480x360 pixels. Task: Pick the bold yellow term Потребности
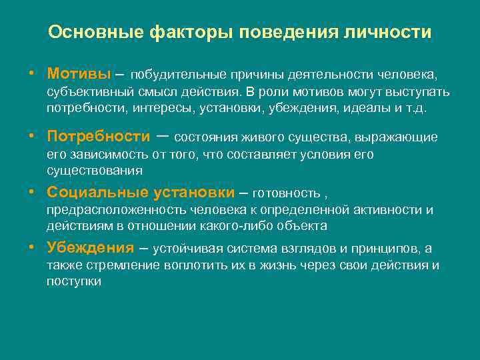point(98,137)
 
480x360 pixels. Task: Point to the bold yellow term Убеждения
point(90,248)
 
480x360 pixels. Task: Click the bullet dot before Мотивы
point(31,71)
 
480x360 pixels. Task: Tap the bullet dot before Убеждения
point(31,248)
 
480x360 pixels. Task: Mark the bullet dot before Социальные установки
point(31,193)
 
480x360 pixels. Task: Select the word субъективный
point(85,91)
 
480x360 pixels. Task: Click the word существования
point(95,170)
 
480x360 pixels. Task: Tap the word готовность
point(287,193)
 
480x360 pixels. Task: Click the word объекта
point(304,226)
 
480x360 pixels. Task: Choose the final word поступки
point(73,281)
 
